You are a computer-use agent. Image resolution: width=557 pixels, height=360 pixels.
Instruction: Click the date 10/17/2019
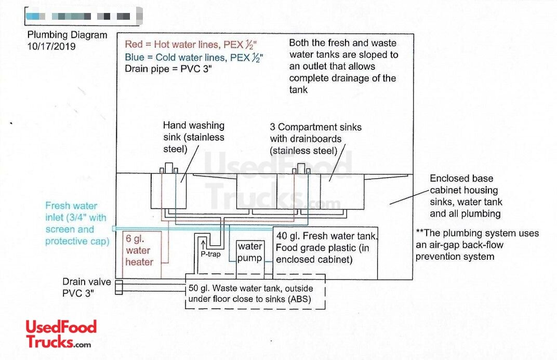point(51,46)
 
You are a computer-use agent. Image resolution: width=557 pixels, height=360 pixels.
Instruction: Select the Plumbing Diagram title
point(68,35)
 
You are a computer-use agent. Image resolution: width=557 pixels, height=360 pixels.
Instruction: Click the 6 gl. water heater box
point(140,250)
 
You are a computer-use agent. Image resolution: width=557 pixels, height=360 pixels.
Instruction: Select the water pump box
point(250,252)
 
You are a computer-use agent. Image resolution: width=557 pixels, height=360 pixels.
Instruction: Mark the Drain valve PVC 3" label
point(87,287)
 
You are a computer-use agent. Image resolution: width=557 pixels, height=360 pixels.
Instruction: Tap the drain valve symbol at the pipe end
point(119,288)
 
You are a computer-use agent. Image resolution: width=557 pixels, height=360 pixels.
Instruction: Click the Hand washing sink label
point(194,137)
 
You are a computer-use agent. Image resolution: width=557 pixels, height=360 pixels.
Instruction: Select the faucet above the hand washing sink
point(169,168)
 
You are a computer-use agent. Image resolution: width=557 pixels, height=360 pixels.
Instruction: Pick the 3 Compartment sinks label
point(315,139)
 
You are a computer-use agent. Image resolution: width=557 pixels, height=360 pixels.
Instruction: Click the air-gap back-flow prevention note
point(477,245)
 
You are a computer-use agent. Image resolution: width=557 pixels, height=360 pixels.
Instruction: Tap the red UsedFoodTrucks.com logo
point(61,334)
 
